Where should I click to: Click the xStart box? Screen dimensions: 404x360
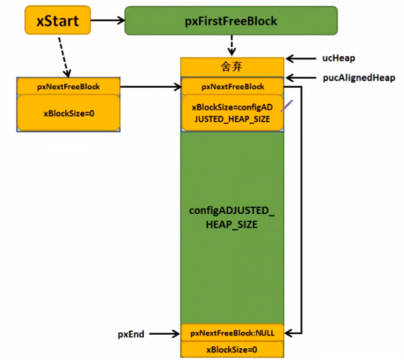pyautogui.click(x=58, y=20)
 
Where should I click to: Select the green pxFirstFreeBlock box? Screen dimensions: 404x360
pyautogui.click(x=231, y=21)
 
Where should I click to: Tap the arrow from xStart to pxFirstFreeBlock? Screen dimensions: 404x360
pyautogui.click(x=108, y=20)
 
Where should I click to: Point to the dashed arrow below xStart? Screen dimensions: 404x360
pyautogui.click(x=64, y=57)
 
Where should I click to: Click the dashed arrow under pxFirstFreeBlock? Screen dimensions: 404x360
pyautogui.click(x=232, y=46)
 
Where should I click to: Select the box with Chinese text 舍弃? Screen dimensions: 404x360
pyautogui.click(x=232, y=67)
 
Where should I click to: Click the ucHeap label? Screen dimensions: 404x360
pyautogui.click(x=338, y=58)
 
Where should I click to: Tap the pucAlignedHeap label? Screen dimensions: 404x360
pyautogui.click(x=359, y=77)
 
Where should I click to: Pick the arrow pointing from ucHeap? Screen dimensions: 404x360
pyautogui.click(x=301, y=59)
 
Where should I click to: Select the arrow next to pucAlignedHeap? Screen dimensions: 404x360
pyautogui.click(x=301, y=77)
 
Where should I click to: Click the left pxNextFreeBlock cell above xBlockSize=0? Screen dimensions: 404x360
pyautogui.click(x=68, y=86)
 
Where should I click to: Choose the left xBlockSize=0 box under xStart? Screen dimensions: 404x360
pyautogui.click(x=69, y=113)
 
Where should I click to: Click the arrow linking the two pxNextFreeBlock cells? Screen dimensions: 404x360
pyautogui.click(x=151, y=87)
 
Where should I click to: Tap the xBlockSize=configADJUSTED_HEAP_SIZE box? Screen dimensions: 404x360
pyautogui.click(x=233, y=113)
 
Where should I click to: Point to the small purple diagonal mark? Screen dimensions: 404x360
pyautogui.click(x=287, y=105)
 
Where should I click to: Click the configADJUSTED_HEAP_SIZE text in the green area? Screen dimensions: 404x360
pyautogui.click(x=232, y=218)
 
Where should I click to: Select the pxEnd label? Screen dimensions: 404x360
pyautogui.click(x=131, y=334)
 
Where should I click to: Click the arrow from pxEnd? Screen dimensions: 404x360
pyautogui.click(x=165, y=334)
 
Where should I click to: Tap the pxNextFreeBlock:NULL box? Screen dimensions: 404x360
pyautogui.click(x=233, y=333)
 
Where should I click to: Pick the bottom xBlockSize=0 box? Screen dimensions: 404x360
pyautogui.click(x=232, y=350)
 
